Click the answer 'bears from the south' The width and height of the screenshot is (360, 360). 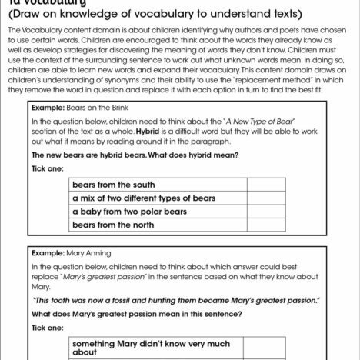(113, 185)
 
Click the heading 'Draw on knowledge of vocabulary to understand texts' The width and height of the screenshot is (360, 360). (145, 13)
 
